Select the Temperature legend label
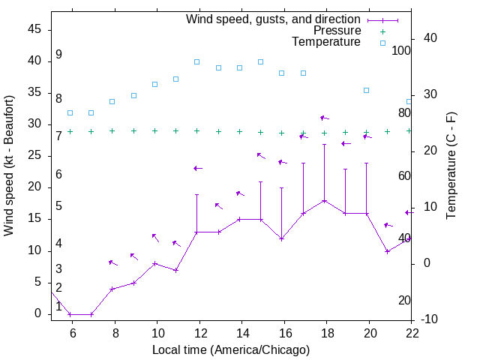point(326,42)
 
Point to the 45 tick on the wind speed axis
point(34,29)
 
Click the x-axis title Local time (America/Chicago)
point(230,349)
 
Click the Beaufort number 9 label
point(58,55)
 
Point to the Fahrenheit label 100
point(402,51)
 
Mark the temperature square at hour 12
point(196,61)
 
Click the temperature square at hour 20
point(366,90)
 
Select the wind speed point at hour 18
point(324,201)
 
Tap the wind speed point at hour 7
point(91,314)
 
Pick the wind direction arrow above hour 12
point(197,168)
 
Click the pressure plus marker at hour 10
point(154,130)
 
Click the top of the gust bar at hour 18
point(324,144)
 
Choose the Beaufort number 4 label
point(58,244)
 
